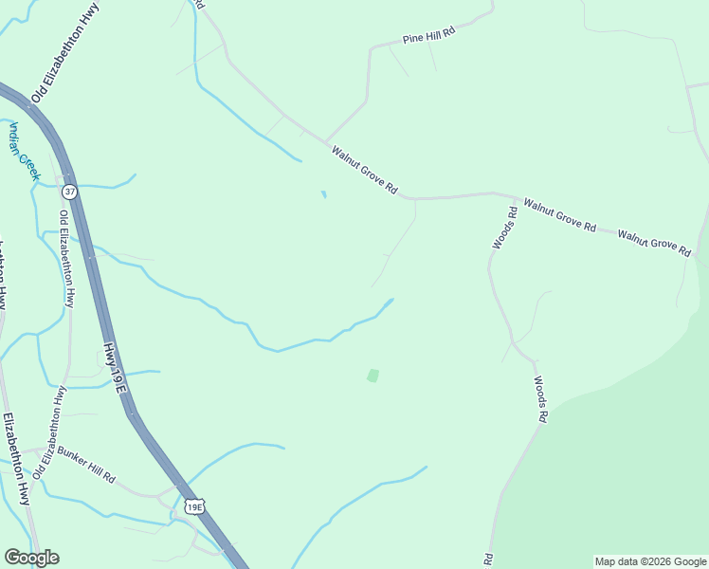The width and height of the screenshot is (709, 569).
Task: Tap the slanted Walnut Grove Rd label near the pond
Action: (x=363, y=170)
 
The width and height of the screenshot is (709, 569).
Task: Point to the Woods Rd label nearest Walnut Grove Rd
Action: (x=503, y=229)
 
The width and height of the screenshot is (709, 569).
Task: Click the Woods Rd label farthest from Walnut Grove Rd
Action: (x=539, y=398)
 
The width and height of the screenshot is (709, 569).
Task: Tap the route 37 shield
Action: (x=69, y=192)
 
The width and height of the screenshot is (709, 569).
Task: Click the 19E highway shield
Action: (x=194, y=507)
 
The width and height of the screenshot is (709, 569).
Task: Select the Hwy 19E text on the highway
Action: (x=115, y=369)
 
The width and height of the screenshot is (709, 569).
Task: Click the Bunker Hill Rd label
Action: (x=85, y=464)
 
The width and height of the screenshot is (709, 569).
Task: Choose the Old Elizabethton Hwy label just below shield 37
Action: (x=66, y=258)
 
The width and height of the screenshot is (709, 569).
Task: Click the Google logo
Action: (x=31, y=558)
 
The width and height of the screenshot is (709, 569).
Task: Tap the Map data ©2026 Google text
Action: (x=650, y=561)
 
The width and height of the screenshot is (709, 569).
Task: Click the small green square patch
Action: (x=373, y=376)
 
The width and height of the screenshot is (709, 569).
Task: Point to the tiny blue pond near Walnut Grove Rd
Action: (x=324, y=194)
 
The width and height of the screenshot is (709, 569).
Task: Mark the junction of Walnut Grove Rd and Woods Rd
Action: (x=495, y=194)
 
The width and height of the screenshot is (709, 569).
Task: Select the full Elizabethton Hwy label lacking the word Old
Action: (x=14, y=459)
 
